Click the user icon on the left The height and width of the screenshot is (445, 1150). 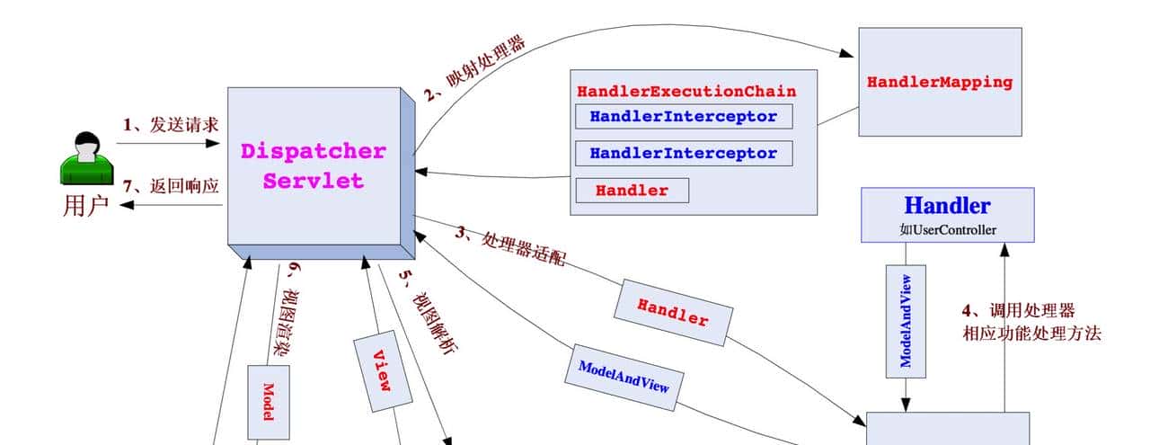(x=86, y=158)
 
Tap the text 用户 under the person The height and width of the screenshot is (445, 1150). (x=86, y=206)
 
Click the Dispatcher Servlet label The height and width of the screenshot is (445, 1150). (x=313, y=165)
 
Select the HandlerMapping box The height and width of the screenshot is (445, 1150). (x=939, y=82)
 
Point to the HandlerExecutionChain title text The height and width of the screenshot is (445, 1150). (x=686, y=92)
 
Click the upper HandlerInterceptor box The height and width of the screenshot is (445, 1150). (x=683, y=117)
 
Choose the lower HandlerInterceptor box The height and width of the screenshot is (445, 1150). (x=683, y=154)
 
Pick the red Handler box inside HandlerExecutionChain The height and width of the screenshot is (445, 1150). (x=632, y=191)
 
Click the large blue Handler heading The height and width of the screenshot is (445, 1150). (x=947, y=206)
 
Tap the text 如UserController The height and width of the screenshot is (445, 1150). (x=947, y=230)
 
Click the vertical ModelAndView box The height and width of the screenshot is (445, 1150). (x=906, y=320)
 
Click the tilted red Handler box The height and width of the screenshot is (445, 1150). (x=673, y=311)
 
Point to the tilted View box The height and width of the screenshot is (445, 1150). (x=383, y=369)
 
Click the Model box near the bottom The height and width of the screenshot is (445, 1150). (x=269, y=402)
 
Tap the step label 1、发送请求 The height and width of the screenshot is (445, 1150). (x=171, y=125)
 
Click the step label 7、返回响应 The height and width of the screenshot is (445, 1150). (x=171, y=186)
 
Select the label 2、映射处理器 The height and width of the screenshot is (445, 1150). (x=475, y=68)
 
